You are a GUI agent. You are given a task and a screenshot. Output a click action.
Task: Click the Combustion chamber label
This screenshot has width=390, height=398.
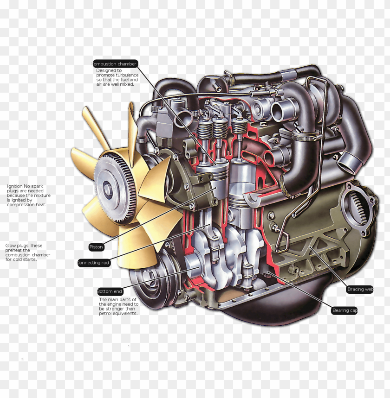(115, 64)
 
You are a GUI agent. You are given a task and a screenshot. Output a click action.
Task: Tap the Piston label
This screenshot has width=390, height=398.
(96, 247)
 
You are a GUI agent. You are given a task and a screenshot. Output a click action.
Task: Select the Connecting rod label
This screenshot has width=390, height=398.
(94, 263)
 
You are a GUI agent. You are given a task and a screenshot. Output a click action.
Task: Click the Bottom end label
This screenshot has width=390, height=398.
(110, 291)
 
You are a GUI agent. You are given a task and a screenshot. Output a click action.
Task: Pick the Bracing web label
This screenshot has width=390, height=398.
(360, 289)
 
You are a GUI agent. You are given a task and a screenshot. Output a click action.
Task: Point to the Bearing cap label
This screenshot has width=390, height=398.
(344, 310)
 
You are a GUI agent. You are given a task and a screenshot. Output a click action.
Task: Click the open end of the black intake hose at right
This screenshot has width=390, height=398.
(351, 163)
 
